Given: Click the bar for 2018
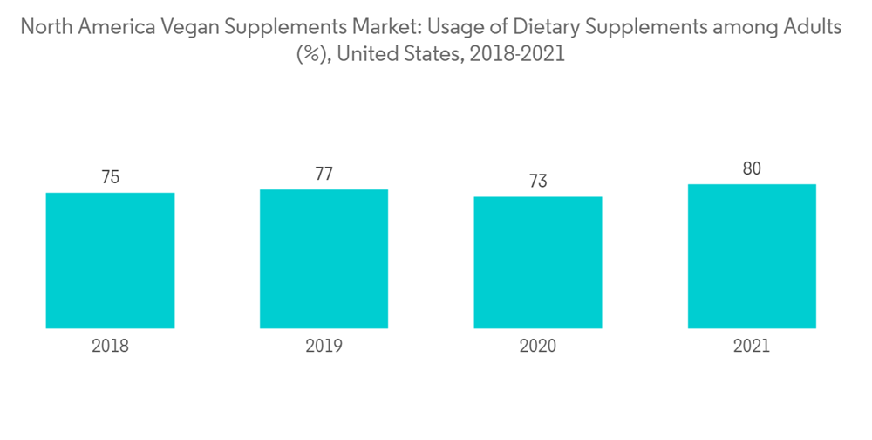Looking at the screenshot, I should pos(110,260).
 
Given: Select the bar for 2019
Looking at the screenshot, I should pos(324,258).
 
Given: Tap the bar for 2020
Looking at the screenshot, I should pos(538,262).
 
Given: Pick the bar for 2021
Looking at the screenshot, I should pos(752,256).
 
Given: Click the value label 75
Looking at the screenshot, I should pos(110,177).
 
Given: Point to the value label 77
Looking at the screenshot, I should pos(324,174).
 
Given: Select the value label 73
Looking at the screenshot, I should pos(538,181).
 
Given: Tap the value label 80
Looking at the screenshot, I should pos(752,168).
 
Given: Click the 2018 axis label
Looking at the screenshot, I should pos(110,346).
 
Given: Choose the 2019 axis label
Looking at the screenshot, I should pos(324,346).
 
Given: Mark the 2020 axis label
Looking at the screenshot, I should pos(538,346).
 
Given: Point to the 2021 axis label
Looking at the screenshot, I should pos(752,346).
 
